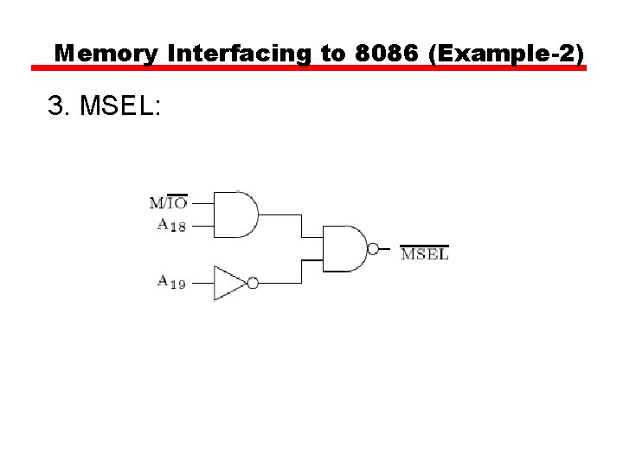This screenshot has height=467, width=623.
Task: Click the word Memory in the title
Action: (106, 54)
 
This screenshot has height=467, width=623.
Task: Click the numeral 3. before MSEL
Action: (58, 106)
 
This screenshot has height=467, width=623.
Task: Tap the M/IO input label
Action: (168, 203)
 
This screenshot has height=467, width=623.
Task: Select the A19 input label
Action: (170, 281)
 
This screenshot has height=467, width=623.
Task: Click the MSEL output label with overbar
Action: (424, 253)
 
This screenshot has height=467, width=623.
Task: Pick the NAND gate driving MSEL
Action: (345, 249)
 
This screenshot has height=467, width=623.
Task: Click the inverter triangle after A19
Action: (228, 283)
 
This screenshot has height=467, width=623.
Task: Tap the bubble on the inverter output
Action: (253, 283)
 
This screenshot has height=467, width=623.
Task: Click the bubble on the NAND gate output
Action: (373, 249)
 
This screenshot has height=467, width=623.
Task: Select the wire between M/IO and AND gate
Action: (201, 204)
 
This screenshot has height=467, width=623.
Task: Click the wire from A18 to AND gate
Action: (201, 227)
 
